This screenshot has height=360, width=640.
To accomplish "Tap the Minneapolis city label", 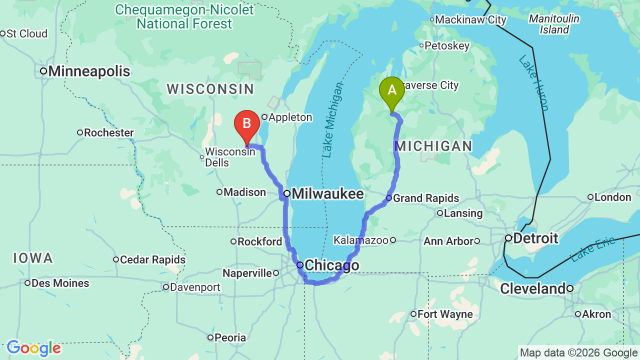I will pyautogui.click(x=89, y=71).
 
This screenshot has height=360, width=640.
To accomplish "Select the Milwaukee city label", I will pyautogui.click(x=327, y=193).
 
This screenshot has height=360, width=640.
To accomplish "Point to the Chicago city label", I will pyautogui.click(x=331, y=265).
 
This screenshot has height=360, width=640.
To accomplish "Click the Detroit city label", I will pyautogui.click(x=535, y=238).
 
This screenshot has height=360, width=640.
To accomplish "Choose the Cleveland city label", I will pyautogui.click(x=532, y=288).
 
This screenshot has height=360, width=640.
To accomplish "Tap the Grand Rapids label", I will pyautogui.click(x=425, y=198).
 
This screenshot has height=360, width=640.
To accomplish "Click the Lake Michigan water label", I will pyautogui.click(x=333, y=120).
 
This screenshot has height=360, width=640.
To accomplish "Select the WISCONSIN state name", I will pyautogui.click(x=210, y=89).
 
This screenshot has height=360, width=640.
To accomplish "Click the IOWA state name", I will pyautogui.click(x=33, y=258).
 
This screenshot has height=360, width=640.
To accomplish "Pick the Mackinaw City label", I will pyautogui.click(x=470, y=20).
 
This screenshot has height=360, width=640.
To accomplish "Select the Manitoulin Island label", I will pyautogui.click(x=554, y=24).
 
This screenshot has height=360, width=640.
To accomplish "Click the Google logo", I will pyautogui.click(x=33, y=348).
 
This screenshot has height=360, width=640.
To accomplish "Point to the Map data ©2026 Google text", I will pyautogui.click(x=579, y=353).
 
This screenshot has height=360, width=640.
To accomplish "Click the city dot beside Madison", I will pyautogui.click(x=219, y=192).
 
